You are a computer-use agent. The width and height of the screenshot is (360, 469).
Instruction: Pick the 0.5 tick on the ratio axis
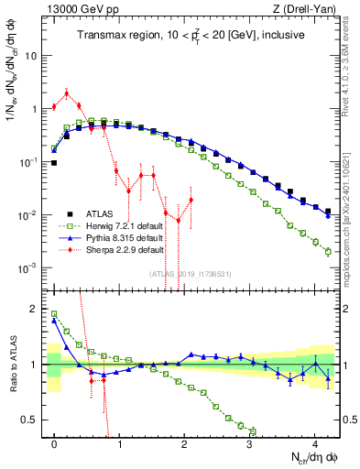click(x=33, y=420)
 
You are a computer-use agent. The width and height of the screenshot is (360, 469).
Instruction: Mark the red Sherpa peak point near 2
click(x=67, y=93)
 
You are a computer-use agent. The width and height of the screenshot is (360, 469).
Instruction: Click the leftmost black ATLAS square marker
click(x=54, y=163)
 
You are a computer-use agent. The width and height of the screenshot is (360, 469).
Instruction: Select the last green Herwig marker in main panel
click(x=328, y=251)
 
